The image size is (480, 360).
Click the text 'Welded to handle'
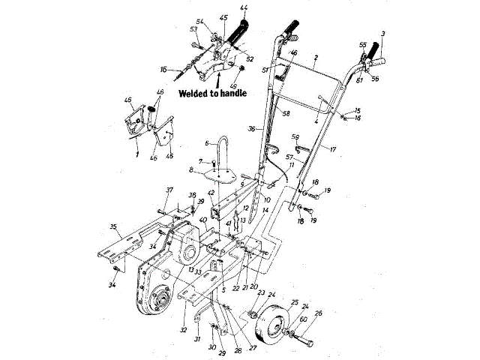pyautogui.click(x=214, y=94)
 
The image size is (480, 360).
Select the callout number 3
pyautogui.click(x=383, y=34)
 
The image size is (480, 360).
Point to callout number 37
pyautogui.click(x=169, y=190)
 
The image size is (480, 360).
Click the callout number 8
pyautogui.click(x=191, y=171)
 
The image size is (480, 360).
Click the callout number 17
pyautogui.click(x=332, y=149)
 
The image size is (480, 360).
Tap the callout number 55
pyautogui.click(x=363, y=46)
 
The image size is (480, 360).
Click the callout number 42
pyautogui.click(x=211, y=193)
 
